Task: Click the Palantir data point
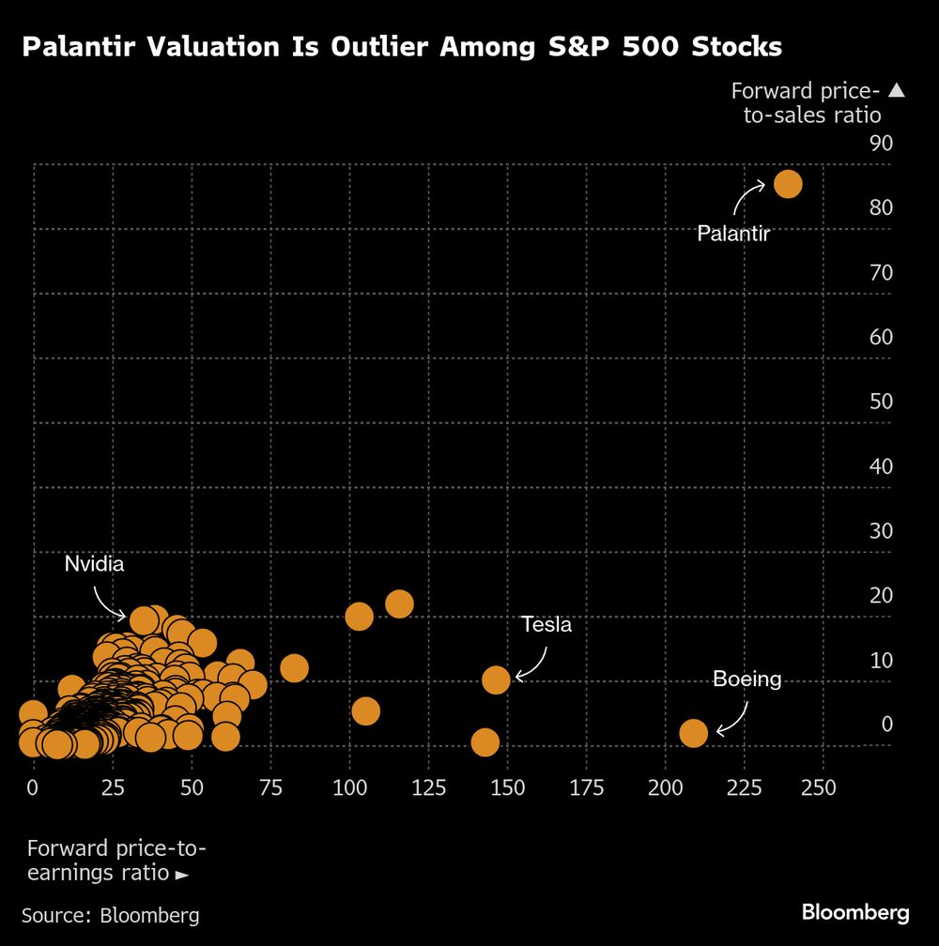point(787,184)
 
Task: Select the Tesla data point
point(496,679)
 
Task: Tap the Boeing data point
point(693,733)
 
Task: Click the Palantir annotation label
point(733,234)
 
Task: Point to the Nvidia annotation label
point(94,564)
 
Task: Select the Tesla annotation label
point(546,625)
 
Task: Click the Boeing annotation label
point(747,679)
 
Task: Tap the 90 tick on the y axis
point(881,143)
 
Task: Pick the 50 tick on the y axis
point(881,402)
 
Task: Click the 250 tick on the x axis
point(819,787)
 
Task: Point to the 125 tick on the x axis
point(429,787)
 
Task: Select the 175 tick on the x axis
point(587,787)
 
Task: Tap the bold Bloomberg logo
point(855,912)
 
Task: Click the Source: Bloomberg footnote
point(111,915)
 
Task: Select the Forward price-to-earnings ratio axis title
point(116,861)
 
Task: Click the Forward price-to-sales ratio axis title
point(806,103)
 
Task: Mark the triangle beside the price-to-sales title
point(896,91)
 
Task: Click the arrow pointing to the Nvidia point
point(109,603)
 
